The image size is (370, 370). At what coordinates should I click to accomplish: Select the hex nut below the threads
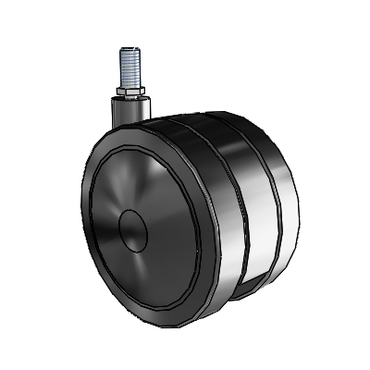click(129, 92)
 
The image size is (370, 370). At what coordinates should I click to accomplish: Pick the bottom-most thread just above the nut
click(129, 85)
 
